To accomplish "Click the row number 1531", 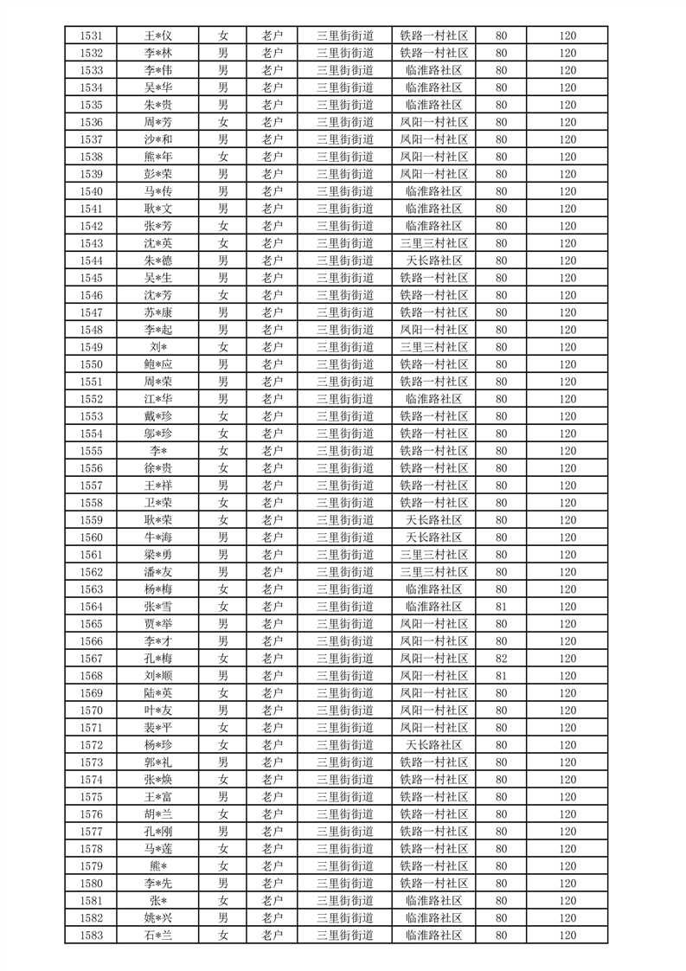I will (91, 35).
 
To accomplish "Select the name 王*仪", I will (158, 35).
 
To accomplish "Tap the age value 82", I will (501, 659).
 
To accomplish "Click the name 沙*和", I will (158, 139).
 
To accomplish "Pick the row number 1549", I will (91, 347).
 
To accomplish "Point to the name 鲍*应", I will (158, 364).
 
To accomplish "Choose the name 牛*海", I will (158, 537).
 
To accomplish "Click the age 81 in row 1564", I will (501, 607).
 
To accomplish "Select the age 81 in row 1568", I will (501, 676).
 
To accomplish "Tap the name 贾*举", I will (158, 624).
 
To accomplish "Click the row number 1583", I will (91, 936).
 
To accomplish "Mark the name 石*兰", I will (158, 936).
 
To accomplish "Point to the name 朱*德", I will (158, 260).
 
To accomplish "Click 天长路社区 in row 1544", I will (434, 260).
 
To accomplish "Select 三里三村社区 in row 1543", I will (434, 243).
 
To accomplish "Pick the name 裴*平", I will (158, 728).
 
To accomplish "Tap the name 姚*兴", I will (158, 918).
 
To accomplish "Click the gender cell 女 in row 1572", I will (223, 745).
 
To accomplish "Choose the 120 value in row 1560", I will (567, 537).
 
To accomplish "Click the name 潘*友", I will (158, 572).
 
